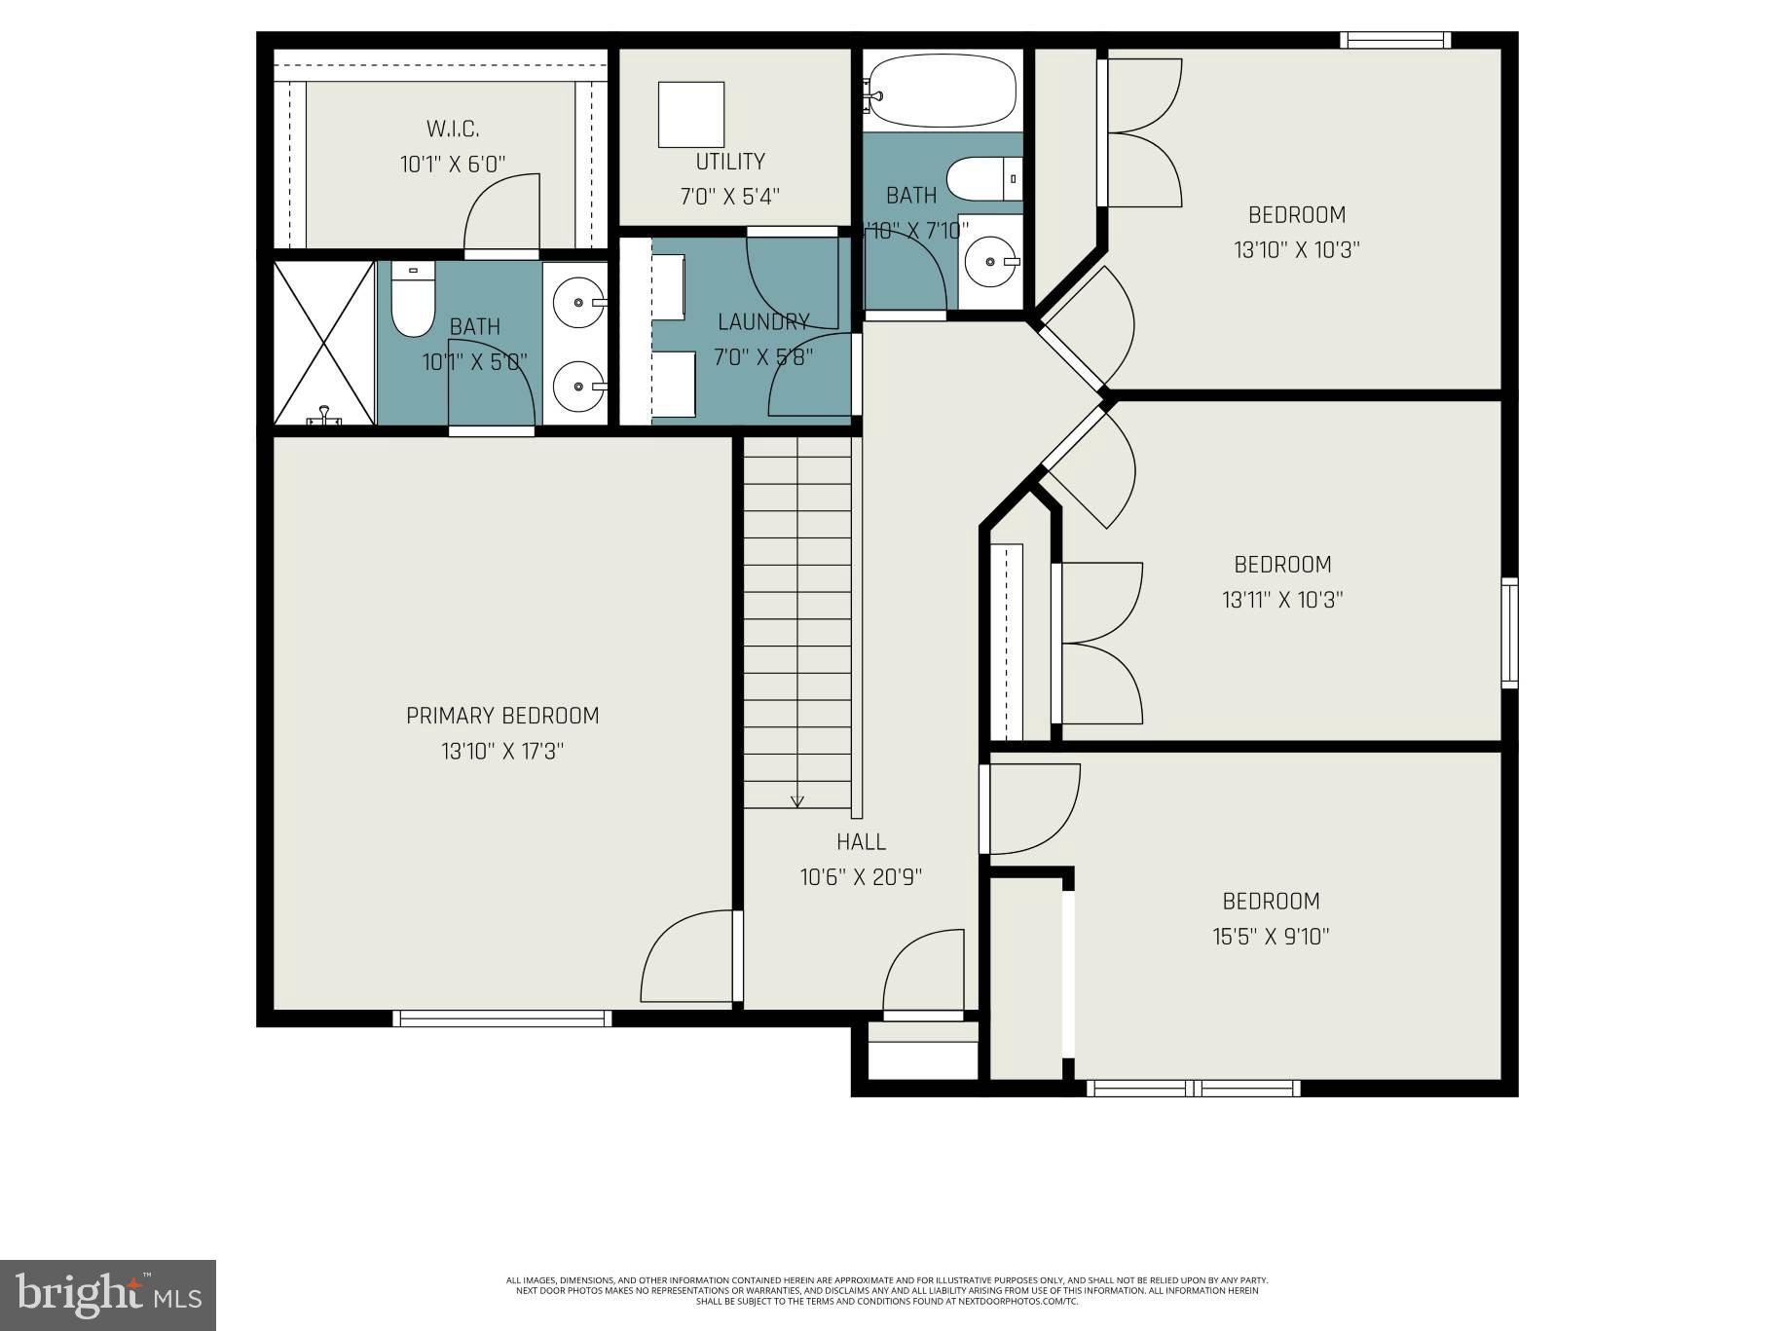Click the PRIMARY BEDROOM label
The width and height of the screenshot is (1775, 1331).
point(502,716)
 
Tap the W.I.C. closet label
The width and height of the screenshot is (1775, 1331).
point(453,129)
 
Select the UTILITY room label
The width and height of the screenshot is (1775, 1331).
point(729,162)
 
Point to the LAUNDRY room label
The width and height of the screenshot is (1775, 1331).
point(763,321)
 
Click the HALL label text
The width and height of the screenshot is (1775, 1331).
point(861,841)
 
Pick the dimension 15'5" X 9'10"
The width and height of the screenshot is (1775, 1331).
point(1271,937)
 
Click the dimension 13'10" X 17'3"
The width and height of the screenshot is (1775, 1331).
point(502,752)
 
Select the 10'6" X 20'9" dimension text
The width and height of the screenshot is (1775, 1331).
point(861,877)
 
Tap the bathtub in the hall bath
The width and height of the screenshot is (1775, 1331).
point(942,91)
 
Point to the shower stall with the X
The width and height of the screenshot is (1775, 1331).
point(324,343)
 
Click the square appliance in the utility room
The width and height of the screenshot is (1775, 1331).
point(691,115)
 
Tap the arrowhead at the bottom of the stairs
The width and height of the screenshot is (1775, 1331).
point(797,801)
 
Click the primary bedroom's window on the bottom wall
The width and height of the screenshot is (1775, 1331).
point(502,1018)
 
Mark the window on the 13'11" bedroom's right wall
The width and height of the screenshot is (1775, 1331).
point(1508,633)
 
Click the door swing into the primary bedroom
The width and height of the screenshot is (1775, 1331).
point(686,956)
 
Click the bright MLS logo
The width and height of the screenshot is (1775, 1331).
point(108,1295)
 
